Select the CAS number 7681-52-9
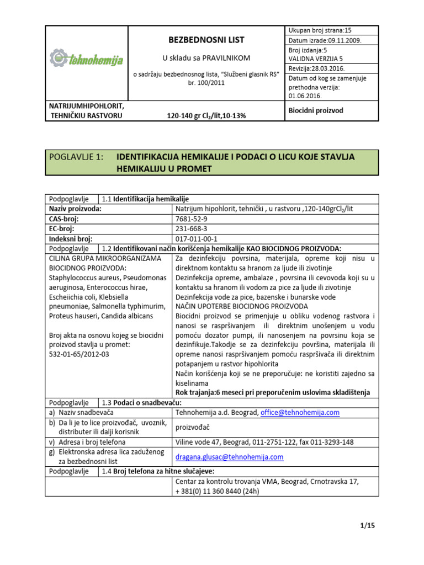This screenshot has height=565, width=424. [x=191, y=219]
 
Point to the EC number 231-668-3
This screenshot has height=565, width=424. [x=191, y=229]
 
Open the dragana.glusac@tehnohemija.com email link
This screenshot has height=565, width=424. [x=229, y=457]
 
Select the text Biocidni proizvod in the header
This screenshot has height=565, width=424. [x=316, y=110]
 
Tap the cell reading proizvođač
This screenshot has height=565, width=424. [x=193, y=427]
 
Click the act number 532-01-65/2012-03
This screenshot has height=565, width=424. [x=79, y=354]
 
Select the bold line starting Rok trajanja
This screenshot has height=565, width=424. [x=273, y=392]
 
